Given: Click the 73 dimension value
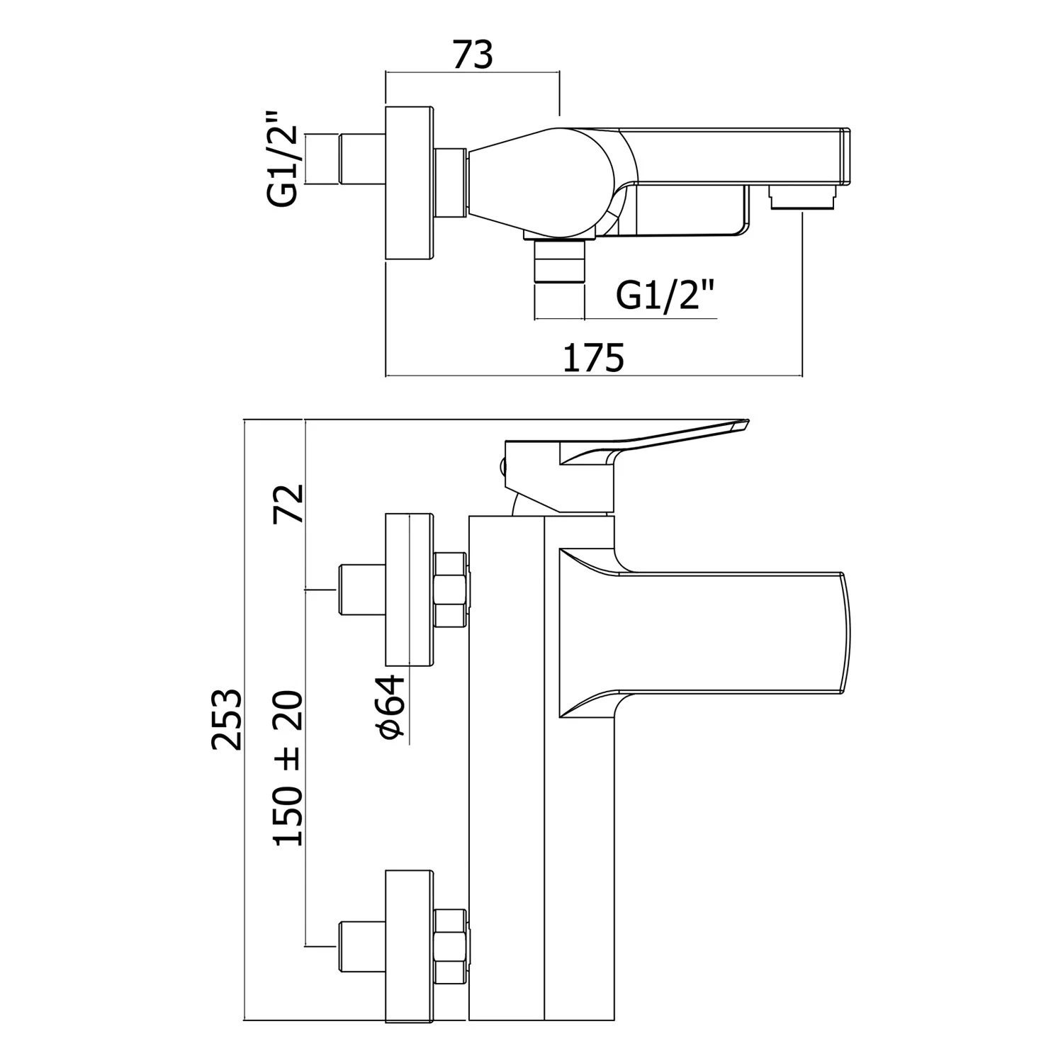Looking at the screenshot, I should (x=472, y=55).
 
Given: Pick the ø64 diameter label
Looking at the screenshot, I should (x=392, y=707).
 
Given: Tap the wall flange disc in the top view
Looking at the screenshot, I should (x=408, y=184).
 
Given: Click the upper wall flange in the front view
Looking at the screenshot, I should (x=408, y=590).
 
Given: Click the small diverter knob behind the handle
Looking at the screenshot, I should (x=504, y=467).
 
